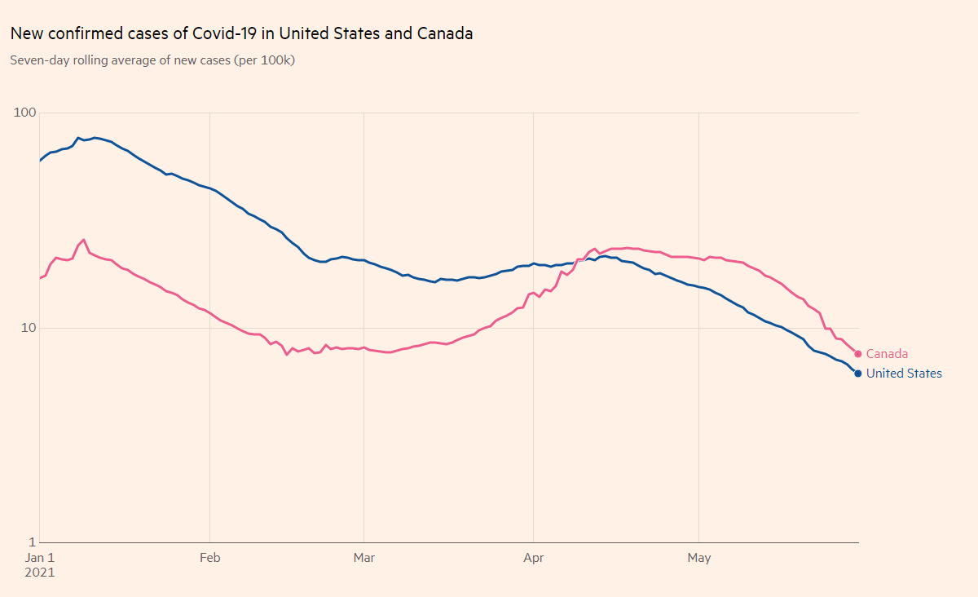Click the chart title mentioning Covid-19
[x=241, y=34]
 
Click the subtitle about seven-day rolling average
[x=152, y=60]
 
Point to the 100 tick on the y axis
[x=25, y=113]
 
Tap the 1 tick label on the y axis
[x=32, y=542]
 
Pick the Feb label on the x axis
[x=210, y=558]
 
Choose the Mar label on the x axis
[x=363, y=558]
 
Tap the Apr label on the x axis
[x=533, y=558]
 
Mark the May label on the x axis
[x=699, y=558]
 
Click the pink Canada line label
[x=887, y=354]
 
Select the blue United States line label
[x=904, y=374]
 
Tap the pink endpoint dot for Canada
[x=858, y=354]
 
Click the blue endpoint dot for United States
[x=858, y=374]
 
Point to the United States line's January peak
[x=78, y=138]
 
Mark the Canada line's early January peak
[x=84, y=240]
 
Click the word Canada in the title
[x=445, y=34]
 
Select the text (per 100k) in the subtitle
[x=264, y=60]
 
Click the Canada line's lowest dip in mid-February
[x=287, y=354]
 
